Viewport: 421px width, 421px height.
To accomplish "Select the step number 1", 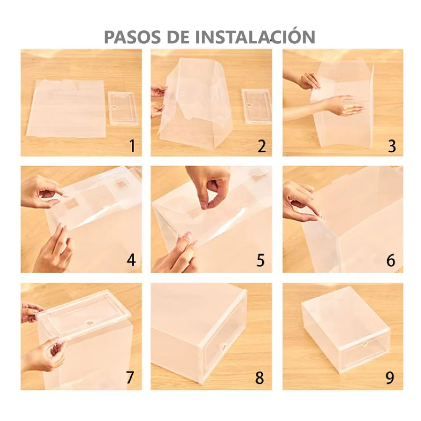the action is [x=132, y=146].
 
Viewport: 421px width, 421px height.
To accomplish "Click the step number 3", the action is [x=392, y=146].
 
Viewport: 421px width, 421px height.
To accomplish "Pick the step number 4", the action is [x=131, y=260].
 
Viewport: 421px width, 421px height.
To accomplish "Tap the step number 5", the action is [x=261, y=260].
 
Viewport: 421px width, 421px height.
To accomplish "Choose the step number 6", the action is [x=391, y=260].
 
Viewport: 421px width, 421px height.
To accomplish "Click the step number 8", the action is [x=260, y=378].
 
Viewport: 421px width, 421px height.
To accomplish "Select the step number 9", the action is [x=390, y=378].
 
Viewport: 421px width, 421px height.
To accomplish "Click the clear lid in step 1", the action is [x=123, y=108].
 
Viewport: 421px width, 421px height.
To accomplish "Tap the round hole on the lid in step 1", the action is [x=114, y=107].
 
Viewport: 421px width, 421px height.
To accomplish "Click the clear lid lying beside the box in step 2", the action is [x=256, y=106].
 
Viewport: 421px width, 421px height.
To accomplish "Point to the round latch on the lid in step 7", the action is [x=90, y=323].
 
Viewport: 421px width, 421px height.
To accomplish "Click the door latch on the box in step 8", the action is [x=224, y=348].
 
